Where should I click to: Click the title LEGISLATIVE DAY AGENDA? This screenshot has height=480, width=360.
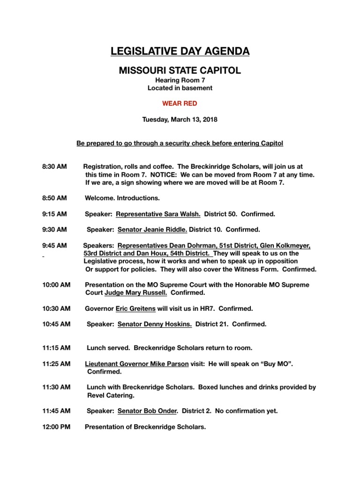[x=180, y=51]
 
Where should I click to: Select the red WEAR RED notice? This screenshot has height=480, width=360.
[x=180, y=104]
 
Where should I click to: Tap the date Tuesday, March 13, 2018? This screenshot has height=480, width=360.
[x=180, y=120]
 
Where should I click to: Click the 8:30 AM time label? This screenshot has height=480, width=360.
[x=54, y=166]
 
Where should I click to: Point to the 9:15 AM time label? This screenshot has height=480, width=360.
[x=54, y=214]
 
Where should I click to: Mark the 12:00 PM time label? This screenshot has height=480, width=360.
[x=55, y=427]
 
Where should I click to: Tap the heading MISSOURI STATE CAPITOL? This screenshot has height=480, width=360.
[x=180, y=71]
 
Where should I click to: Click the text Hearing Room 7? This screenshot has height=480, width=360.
[x=180, y=81]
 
